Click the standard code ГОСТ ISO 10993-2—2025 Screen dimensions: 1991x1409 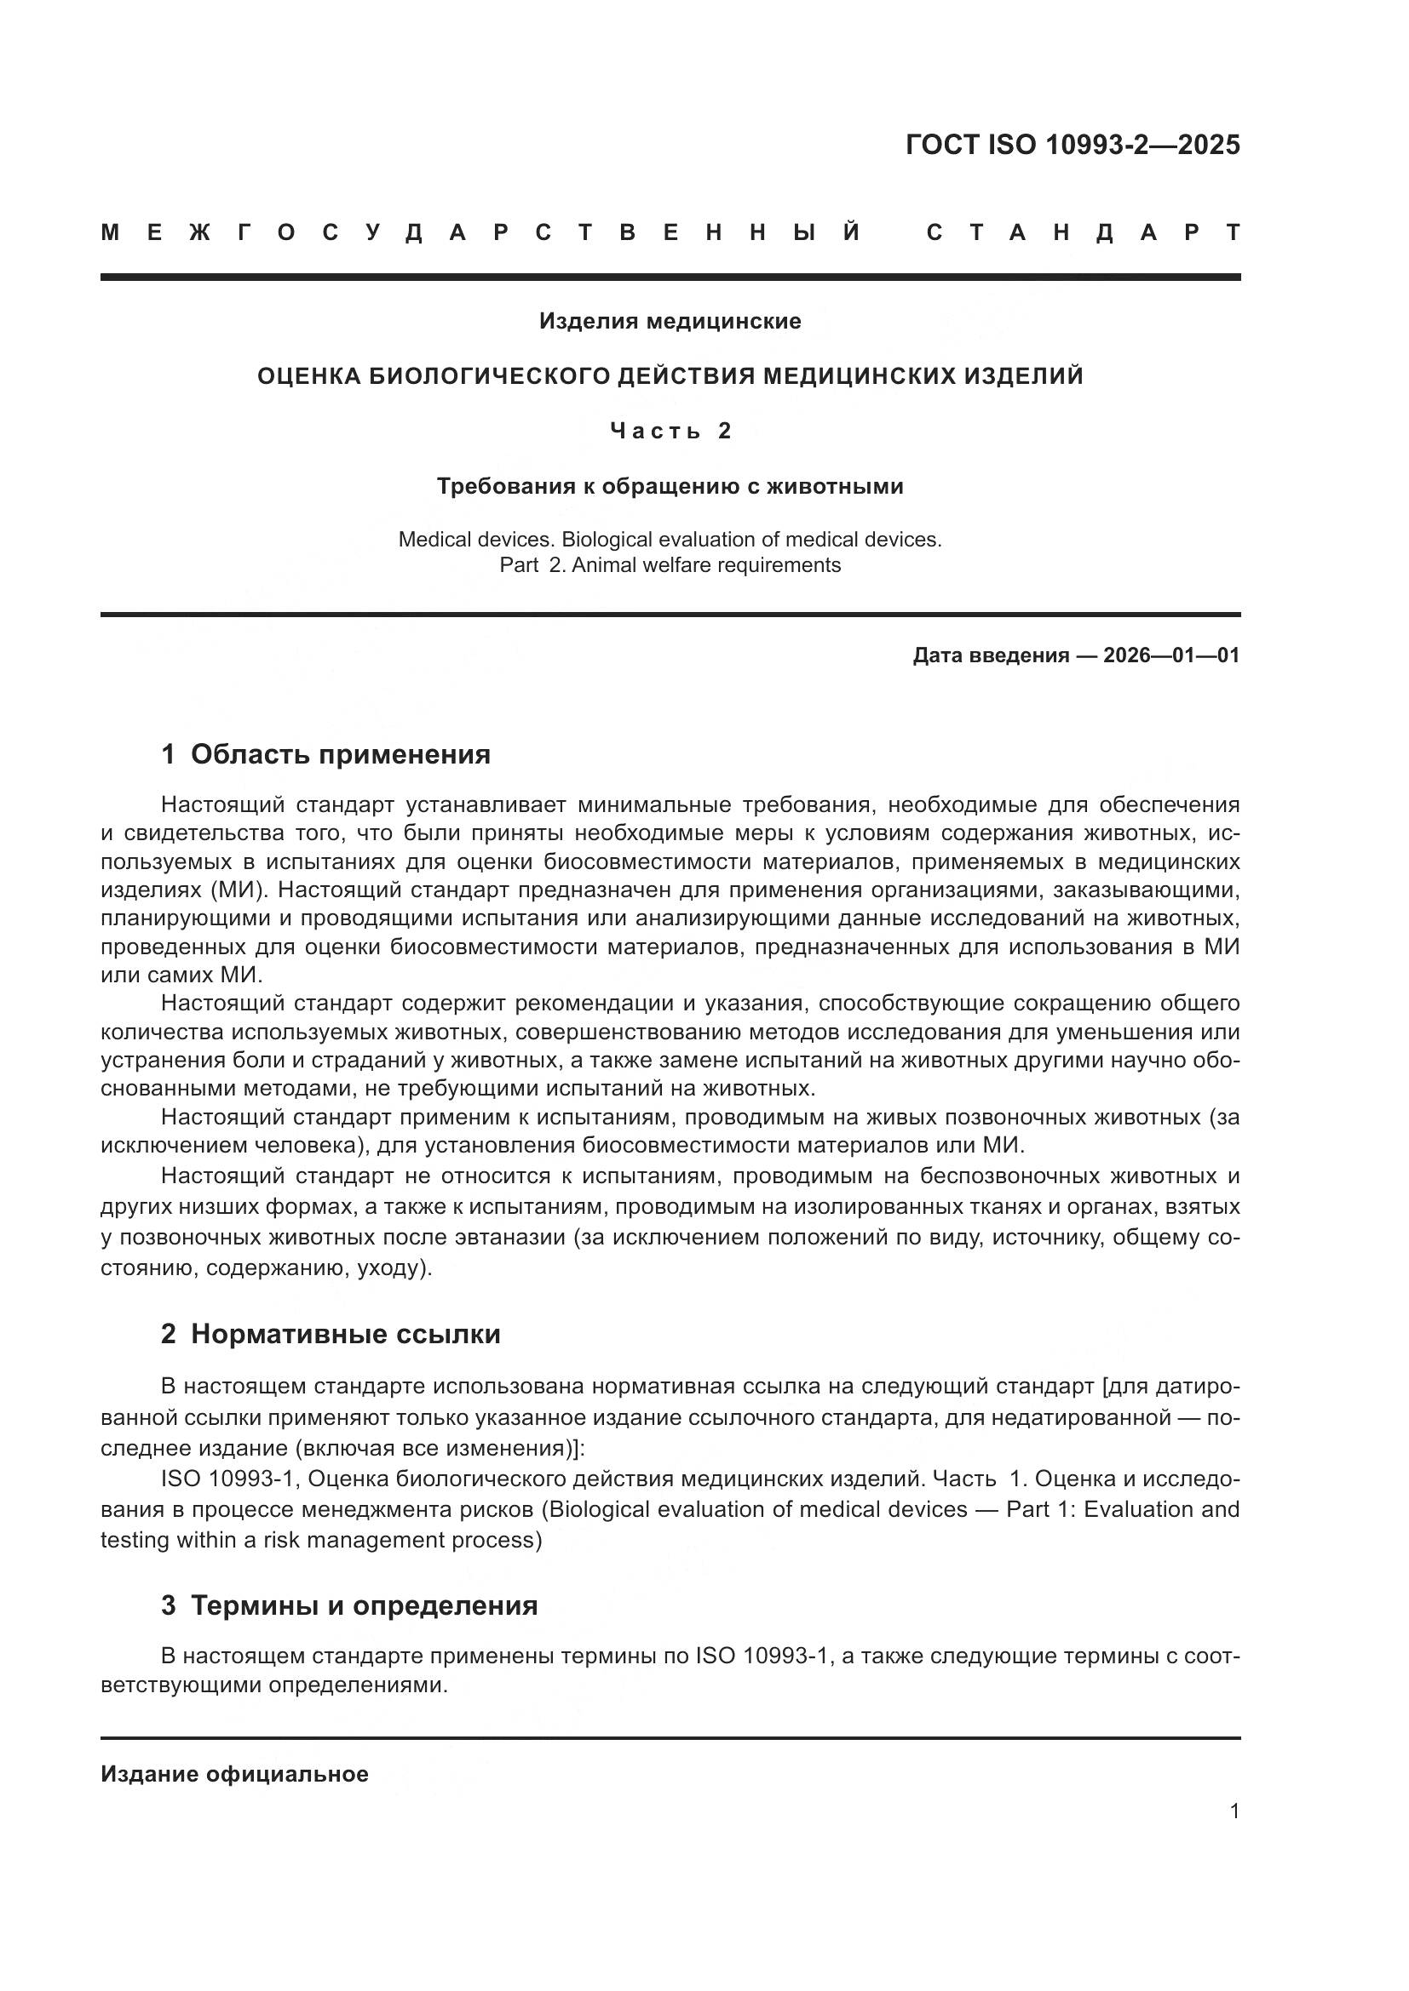[x=1073, y=145]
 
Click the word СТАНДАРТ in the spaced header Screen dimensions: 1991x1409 [x=1083, y=232]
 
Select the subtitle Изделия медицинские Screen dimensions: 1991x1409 [x=670, y=322]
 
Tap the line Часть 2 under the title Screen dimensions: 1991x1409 [x=670, y=431]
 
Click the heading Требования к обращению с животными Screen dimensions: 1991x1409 [x=670, y=487]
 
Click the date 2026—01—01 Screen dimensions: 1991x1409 [x=1171, y=655]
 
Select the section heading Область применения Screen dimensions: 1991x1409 [x=340, y=754]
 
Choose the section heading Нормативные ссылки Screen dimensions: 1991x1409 [x=345, y=1334]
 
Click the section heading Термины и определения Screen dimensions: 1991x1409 [x=365, y=1605]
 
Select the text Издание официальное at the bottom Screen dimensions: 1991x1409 [x=234, y=1773]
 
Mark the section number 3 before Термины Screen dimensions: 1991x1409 [x=169, y=1605]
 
